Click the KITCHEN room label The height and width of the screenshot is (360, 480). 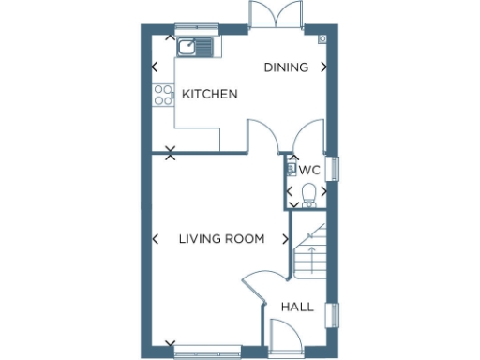pyautogui.click(x=209, y=95)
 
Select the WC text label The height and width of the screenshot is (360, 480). pyautogui.click(x=310, y=171)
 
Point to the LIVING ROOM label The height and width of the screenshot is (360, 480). pyautogui.click(x=221, y=239)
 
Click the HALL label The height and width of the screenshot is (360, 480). pyautogui.click(x=297, y=307)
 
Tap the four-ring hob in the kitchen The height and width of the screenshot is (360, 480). pyautogui.click(x=162, y=95)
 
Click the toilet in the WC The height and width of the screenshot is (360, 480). pyautogui.click(x=310, y=194)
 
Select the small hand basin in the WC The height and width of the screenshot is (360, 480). pyautogui.click(x=292, y=170)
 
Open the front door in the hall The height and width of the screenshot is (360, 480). pyautogui.click(x=282, y=337)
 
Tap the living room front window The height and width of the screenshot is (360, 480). pyautogui.click(x=206, y=352)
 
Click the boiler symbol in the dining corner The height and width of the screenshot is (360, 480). pyautogui.click(x=322, y=39)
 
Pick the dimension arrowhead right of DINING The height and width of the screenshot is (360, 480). pyautogui.click(x=324, y=67)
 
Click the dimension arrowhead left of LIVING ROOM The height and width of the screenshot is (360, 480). pyautogui.click(x=156, y=239)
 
